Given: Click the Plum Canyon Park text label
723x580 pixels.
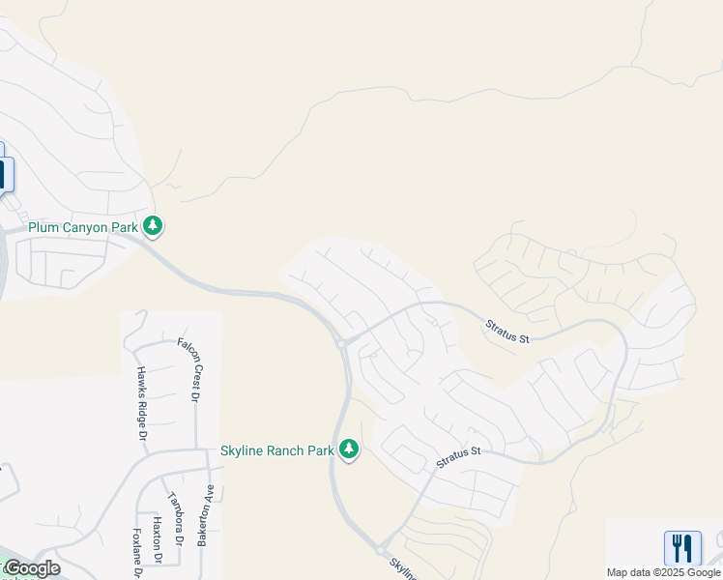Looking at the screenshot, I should coord(82,227).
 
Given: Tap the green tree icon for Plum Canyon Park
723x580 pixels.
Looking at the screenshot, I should coord(153,226).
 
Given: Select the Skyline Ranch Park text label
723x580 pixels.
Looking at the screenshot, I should coord(276,450).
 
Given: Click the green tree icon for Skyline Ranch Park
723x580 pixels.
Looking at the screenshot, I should coord(348,449).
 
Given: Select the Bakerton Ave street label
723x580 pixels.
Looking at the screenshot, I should coord(204,523).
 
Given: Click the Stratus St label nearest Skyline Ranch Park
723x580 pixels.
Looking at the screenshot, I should coord(457,456).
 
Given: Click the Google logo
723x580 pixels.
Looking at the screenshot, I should coord(32,568).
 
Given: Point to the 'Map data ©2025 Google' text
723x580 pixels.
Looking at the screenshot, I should coord(663,572).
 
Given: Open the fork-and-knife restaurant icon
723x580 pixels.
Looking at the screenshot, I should coord(682,548).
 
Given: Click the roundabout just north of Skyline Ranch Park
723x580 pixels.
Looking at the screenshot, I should coord(341,343).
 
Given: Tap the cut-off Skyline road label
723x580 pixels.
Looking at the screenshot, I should coord(404,568).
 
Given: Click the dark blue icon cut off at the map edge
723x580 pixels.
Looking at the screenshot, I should coord(2,174).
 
